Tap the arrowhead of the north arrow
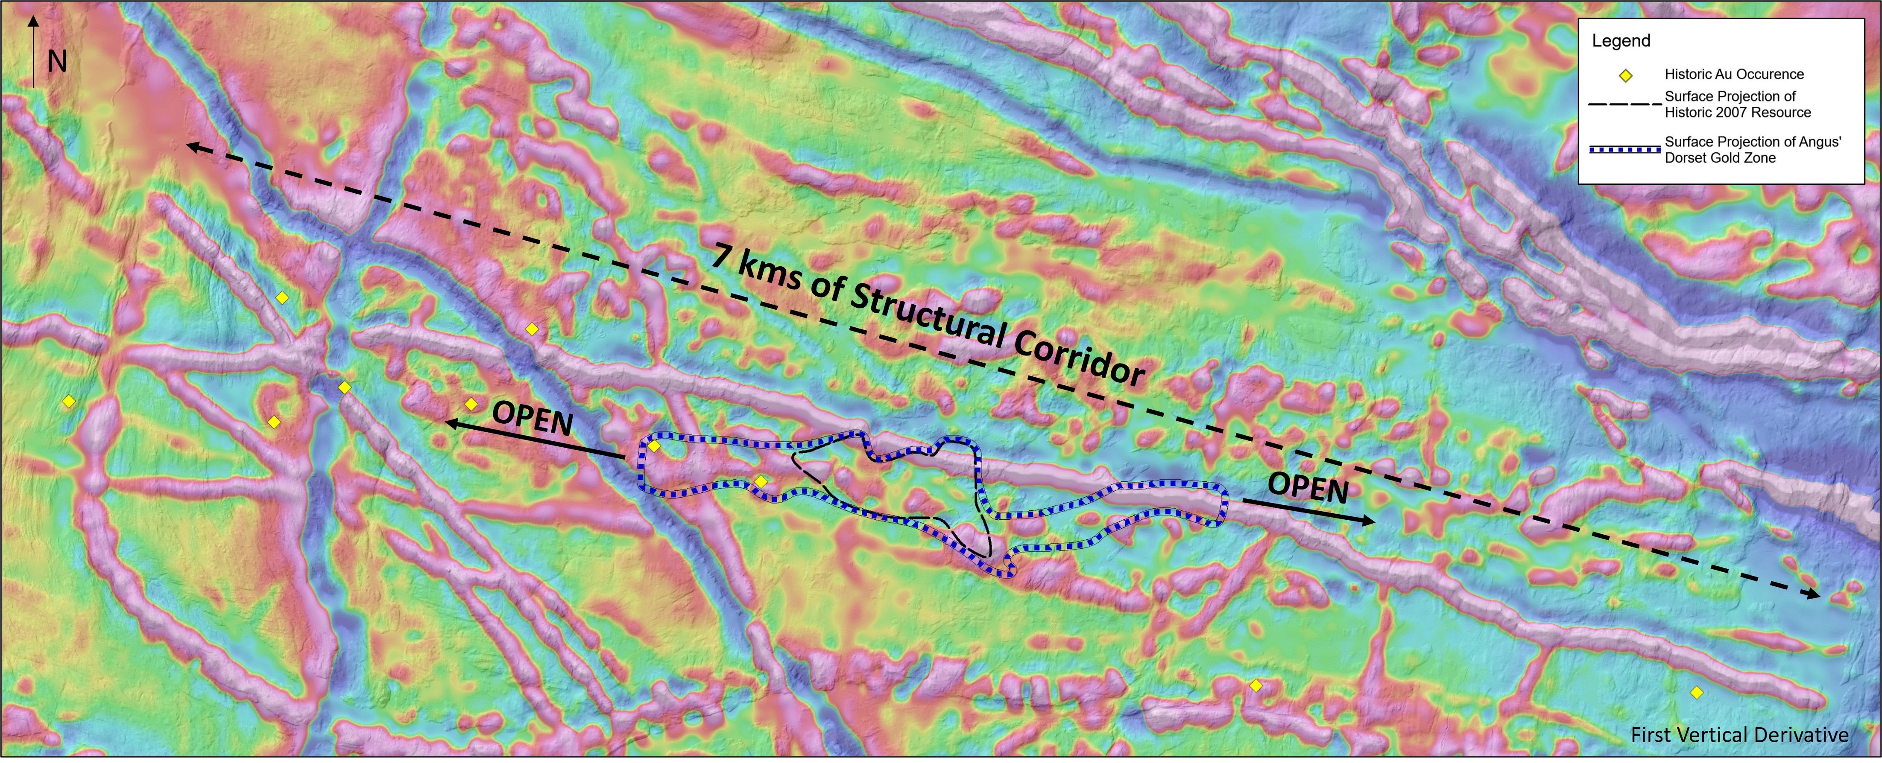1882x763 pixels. [33, 22]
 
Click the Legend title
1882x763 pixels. [1621, 41]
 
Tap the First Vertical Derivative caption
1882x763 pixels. [1739, 734]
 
